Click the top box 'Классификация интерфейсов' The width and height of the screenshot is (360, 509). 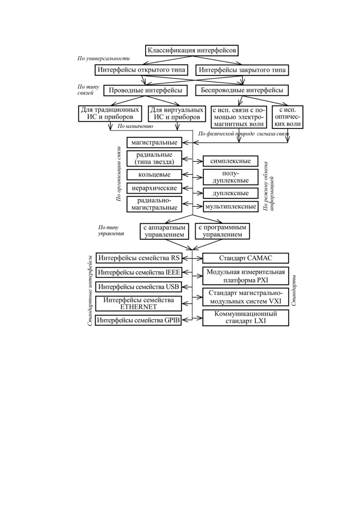pos(192,50)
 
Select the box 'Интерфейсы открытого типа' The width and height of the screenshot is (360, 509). pos(141,70)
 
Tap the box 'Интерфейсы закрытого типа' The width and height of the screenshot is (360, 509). pos(242,70)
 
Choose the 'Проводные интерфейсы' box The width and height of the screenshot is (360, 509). pos(145,90)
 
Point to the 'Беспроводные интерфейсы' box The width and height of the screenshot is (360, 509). pos(242,90)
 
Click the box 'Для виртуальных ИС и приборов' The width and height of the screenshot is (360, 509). pos(177,113)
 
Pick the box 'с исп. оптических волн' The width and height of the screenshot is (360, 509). pos(287,117)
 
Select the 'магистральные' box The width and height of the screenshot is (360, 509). pos(154,143)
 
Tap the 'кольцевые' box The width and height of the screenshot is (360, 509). pos(154,175)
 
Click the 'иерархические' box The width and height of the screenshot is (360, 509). pos(154,188)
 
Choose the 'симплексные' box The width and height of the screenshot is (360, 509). pos(230,161)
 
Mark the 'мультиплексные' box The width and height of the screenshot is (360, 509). pos(231,207)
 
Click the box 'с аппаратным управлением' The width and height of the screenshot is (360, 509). pos(164,231)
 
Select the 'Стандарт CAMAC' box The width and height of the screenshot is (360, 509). pos(245,258)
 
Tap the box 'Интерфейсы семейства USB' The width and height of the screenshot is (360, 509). pos(139,287)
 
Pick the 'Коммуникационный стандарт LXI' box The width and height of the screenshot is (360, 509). pos(245,318)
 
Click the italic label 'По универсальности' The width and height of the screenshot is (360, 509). pos(104,59)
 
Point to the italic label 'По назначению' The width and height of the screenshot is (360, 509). pos(135,126)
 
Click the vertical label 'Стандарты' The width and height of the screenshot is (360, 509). pos(294,290)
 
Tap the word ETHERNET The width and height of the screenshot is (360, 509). pos(138,307)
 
